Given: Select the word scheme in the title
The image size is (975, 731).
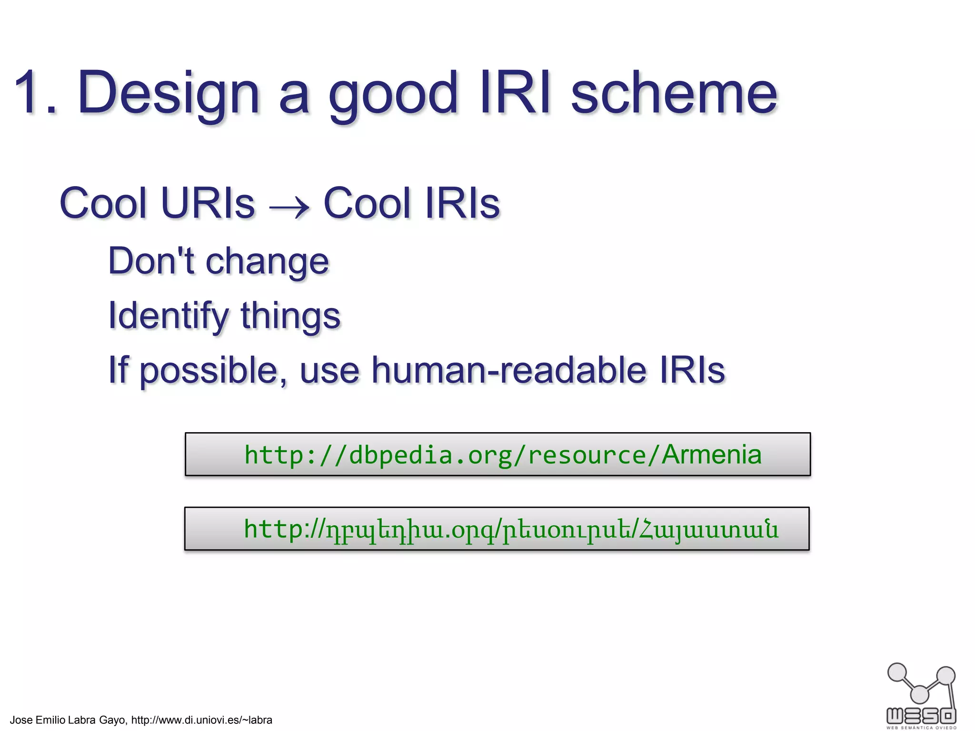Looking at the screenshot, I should [674, 93].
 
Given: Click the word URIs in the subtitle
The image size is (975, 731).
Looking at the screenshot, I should [208, 204].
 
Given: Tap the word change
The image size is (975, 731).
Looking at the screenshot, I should [267, 263].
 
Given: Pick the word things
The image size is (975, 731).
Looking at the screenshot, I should [290, 316].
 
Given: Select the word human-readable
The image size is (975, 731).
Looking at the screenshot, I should [508, 370].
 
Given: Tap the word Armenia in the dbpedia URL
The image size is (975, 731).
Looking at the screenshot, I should [711, 454].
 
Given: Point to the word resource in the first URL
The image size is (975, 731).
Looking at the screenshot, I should [587, 455].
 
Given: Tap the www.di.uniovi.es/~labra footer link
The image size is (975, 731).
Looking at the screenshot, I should [201, 720].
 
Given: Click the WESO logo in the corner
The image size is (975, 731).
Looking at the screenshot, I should [921, 695].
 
